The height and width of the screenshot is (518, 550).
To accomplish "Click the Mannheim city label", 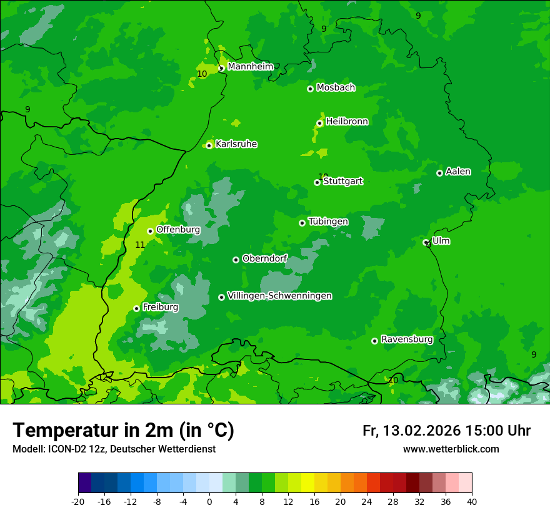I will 251,67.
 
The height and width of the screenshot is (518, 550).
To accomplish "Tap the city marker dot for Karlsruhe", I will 209,145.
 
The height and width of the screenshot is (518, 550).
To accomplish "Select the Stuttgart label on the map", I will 342,182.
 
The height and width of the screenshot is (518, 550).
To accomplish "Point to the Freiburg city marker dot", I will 136,308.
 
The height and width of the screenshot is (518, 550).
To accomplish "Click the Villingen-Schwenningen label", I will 279,296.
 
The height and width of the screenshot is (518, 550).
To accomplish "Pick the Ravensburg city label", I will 406,340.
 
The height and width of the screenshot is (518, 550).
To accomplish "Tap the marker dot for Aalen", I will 439,173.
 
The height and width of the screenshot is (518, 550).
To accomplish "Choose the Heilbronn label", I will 347,122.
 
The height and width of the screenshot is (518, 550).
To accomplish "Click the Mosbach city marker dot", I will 310,89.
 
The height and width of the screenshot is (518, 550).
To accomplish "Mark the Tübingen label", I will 328,222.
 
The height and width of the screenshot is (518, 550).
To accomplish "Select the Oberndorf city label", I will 264,258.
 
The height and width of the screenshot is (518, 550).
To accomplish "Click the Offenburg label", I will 178,230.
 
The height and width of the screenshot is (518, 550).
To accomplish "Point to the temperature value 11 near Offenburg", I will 140,245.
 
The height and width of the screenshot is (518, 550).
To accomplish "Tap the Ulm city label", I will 441,241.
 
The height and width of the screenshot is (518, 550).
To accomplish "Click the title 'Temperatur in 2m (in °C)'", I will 123,431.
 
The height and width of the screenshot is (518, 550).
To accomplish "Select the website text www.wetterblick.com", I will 451,449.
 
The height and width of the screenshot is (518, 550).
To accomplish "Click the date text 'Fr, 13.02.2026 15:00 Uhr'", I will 446,431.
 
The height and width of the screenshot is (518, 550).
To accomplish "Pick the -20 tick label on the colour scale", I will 78,501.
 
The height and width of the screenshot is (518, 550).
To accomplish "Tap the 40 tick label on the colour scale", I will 471,501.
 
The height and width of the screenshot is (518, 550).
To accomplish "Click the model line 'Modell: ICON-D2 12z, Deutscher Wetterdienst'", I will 114,449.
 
